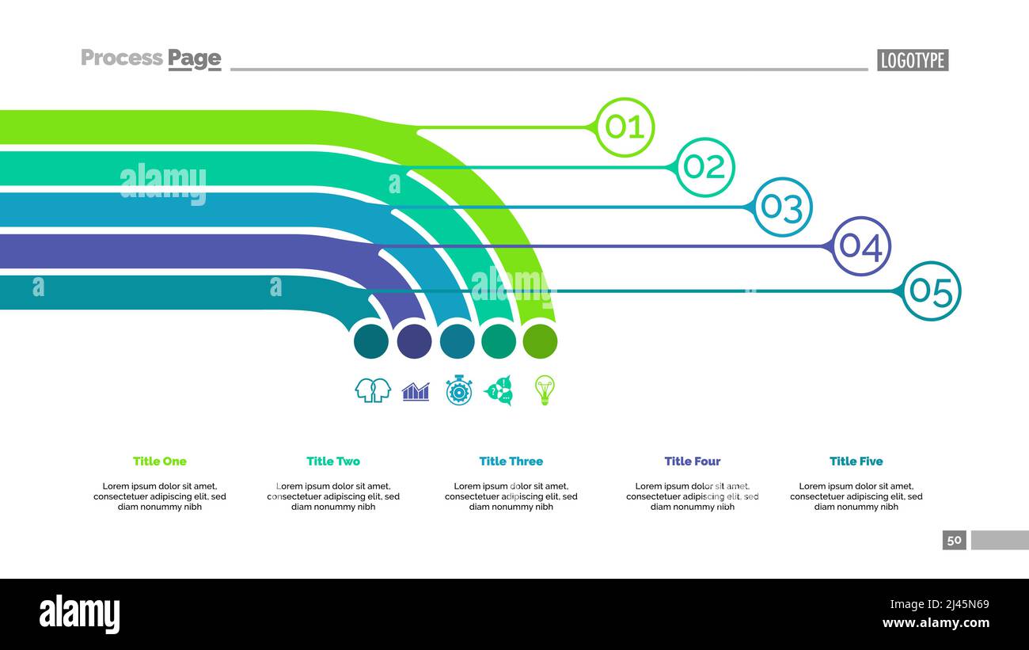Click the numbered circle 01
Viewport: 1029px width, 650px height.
click(625, 127)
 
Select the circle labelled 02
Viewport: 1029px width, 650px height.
click(704, 167)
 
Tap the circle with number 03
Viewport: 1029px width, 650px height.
click(782, 207)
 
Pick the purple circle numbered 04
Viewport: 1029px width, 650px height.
click(860, 246)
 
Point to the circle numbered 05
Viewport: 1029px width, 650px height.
click(931, 291)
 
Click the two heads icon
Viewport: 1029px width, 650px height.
click(373, 390)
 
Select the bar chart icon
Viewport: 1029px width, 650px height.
click(416, 391)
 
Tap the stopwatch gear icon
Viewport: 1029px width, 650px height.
click(458, 390)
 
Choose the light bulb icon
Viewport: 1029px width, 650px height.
click(544, 390)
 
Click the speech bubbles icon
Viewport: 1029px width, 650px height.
click(499, 390)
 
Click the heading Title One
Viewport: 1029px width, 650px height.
click(160, 461)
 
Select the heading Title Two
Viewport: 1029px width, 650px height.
click(333, 461)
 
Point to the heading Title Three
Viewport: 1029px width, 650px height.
click(511, 461)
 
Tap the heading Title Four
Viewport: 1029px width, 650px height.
click(693, 461)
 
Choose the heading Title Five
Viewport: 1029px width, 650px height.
click(856, 461)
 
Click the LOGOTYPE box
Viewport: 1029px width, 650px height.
click(912, 60)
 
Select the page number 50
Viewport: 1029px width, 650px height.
click(954, 540)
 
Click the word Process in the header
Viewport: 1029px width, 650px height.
click(122, 58)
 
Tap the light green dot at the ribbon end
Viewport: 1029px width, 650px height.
click(540, 341)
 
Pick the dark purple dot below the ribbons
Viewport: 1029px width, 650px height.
click(414, 341)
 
